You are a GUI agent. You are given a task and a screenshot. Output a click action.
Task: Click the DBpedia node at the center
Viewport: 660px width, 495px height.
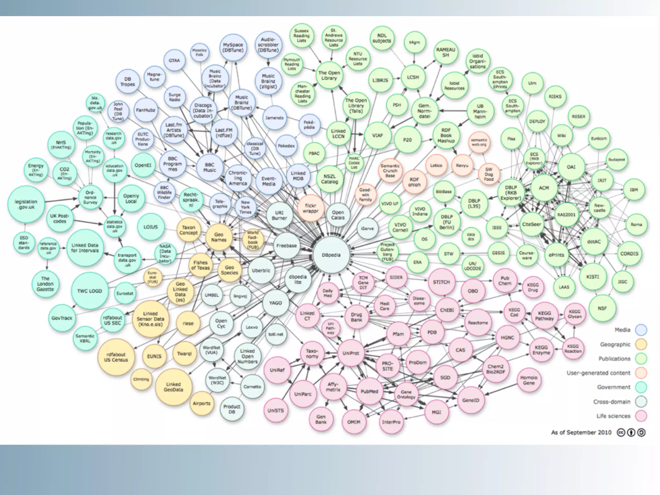pyautogui.click(x=331, y=255)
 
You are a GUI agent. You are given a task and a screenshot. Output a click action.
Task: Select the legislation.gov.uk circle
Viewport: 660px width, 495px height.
pyautogui.click(x=26, y=204)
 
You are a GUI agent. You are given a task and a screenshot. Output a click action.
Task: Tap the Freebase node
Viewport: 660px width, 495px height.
pyautogui.click(x=286, y=246)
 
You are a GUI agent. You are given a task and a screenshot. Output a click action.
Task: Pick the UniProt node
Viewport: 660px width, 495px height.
pyautogui.click(x=351, y=353)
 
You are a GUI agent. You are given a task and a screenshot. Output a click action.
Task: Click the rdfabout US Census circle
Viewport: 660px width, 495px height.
pyautogui.click(x=116, y=357)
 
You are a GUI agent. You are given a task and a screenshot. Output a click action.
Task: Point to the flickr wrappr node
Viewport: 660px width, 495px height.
pyautogui.click(x=310, y=208)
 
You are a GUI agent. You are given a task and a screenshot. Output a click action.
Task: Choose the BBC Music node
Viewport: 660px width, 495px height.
pyautogui.click(x=210, y=167)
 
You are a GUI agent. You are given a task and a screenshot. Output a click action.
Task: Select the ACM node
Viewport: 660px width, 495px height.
pyautogui.click(x=544, y=188)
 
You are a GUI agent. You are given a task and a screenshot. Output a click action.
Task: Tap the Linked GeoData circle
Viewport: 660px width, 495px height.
pyautogui.click(x=173, y=387)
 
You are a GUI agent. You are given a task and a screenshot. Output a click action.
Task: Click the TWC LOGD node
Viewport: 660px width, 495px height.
pyautogui.click(x=90, y=291)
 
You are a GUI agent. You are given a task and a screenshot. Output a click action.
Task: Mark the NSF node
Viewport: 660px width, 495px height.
pyautogui.click(x=602, y=308)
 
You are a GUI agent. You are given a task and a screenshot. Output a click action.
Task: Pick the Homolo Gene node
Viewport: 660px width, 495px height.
pyautogui.click(x=529, y=380)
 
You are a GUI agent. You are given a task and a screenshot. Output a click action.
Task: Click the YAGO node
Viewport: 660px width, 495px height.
pyautogui.click(x=276, y=303)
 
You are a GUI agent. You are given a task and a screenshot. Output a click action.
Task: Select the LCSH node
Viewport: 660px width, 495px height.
pyautogui.click(x=413, y=77)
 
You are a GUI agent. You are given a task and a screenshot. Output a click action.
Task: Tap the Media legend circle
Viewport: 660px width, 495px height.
pyautogui.click(x=641, y=330)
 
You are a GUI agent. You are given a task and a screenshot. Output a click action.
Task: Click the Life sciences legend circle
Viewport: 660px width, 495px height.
pyautogui.click(x=641, y=416)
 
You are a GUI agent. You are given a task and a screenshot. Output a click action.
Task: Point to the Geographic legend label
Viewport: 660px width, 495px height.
pyautogui.click(x=615, y=345)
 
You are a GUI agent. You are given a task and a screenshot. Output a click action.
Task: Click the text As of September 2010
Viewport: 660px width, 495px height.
pyautogui.click(x=581, y=432)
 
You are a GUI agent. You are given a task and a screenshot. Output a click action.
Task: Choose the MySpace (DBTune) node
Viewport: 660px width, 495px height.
pyautogui.click(x=233, y=48)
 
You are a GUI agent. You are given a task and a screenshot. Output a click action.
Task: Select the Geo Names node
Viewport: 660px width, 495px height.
pyautogui.click(x=219, y=237)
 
